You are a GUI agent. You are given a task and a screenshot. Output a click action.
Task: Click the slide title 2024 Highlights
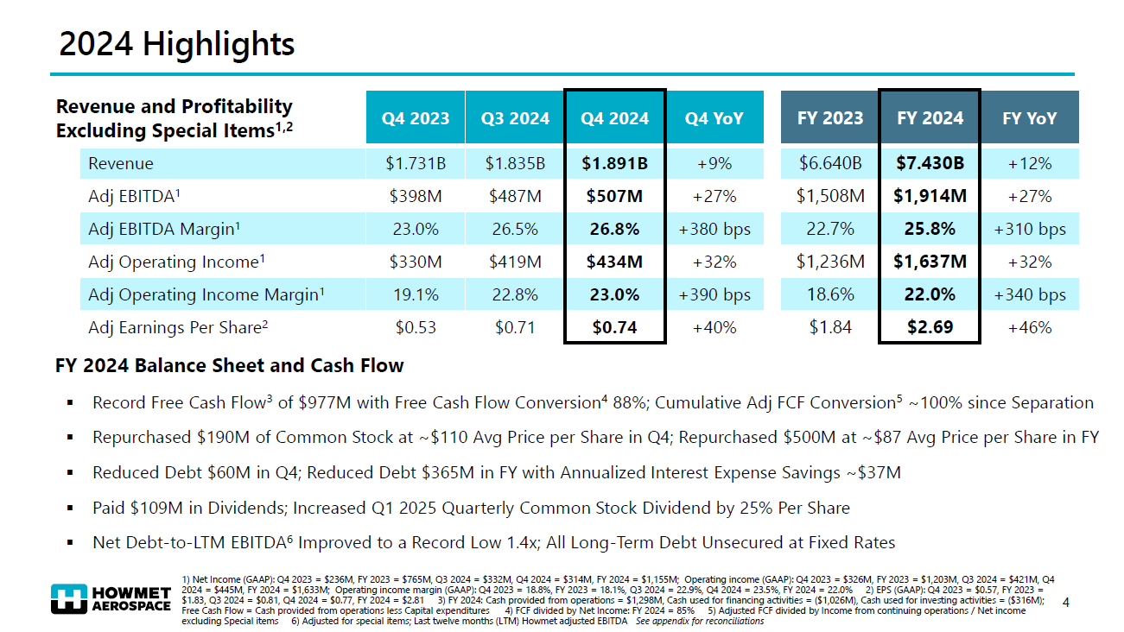coord(176,44)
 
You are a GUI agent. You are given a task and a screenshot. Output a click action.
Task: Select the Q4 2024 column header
coord(614,118)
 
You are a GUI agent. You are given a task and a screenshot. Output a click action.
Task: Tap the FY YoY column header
coord(1029,118)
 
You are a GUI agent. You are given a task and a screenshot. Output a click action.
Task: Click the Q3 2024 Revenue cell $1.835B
coord(515,163)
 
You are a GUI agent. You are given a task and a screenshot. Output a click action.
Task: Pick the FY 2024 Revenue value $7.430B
coord(930,163)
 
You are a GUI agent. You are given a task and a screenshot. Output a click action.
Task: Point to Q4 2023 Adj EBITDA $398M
coord(416,196)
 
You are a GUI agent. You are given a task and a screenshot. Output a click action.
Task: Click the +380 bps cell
coord(714,229)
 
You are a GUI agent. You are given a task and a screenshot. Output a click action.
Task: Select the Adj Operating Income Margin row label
coord(206,294)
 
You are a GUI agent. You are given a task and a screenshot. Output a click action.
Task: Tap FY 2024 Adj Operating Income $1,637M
coord(930,262)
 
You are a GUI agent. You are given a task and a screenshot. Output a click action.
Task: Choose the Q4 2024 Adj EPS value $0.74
coord(614,327)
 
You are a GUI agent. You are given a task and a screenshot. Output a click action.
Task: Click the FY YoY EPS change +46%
coord(1029,327)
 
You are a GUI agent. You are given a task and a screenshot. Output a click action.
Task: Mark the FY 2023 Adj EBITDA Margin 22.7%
coord(830,229)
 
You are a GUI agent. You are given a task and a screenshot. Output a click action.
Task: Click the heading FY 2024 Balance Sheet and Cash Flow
coord(229,365)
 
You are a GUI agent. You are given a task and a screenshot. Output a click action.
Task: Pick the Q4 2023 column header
coord(416,118)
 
